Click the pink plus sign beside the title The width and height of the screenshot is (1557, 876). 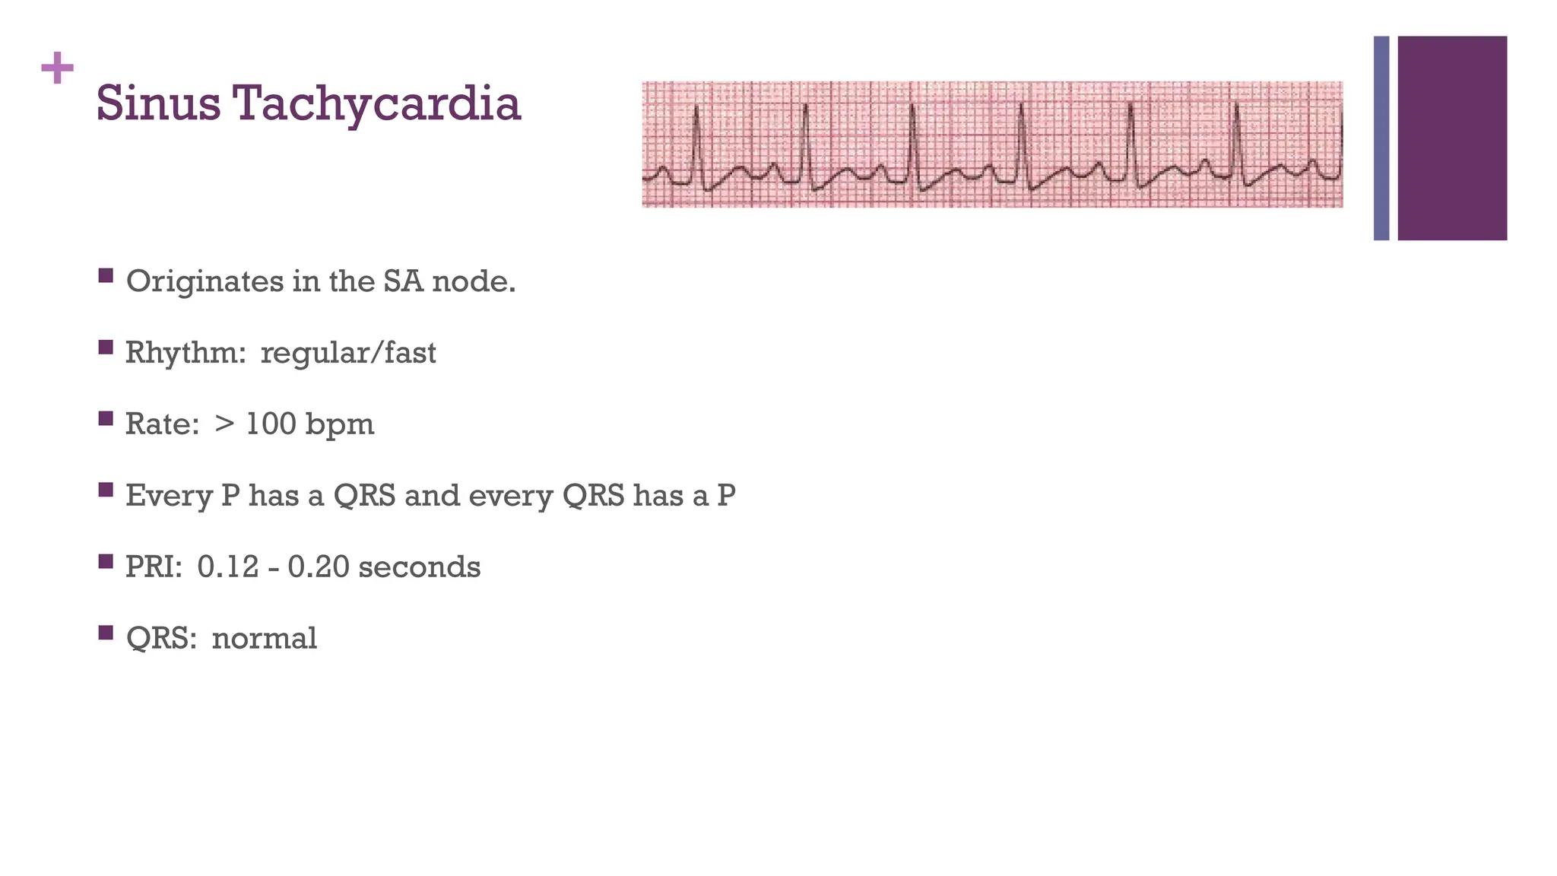(x=57, y=69)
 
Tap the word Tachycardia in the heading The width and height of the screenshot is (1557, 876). (x=377, y=104)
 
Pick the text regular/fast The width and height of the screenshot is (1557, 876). (x=348, y=354)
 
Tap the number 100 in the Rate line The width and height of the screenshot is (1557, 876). (x=271, y=424)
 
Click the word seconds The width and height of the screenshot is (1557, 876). (x=420, y=567)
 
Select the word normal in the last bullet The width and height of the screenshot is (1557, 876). (x=264, y=639)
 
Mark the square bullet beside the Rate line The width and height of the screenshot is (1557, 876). (x=106, y=418)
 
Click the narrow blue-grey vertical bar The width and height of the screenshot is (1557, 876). (x=1381, y=138)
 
